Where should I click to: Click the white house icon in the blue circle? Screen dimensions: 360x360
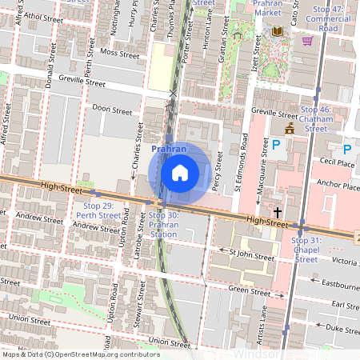(x=180, y=172)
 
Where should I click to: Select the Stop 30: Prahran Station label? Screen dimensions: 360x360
(x=163, y=225)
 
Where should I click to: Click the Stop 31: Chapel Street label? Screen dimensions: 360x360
(x=306, y=249)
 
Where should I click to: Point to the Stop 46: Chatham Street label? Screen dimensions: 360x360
(x=315, y=118)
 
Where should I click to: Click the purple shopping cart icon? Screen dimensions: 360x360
(x=307, y=39)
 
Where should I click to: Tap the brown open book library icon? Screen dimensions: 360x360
(x=278, y=31)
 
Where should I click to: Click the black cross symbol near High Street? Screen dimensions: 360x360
(x=278, y=213)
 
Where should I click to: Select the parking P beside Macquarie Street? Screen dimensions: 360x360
(x=277, y=145)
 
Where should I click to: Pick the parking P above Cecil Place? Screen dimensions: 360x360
(x=347, y=149)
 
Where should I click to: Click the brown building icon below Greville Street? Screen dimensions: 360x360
(x=289, y=127)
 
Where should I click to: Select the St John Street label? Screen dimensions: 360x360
(x=251, y=255)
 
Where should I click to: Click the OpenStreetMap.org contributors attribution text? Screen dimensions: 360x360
(x=106, y=354)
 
